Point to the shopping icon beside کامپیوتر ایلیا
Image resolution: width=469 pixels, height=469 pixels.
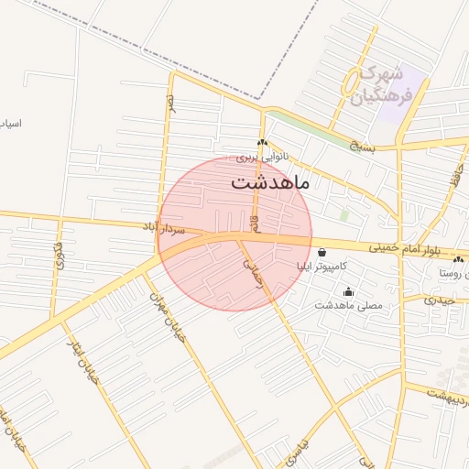point(322,253)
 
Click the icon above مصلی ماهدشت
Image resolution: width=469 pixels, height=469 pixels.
point(348,292)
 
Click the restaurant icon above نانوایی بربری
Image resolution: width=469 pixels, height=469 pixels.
point(263,142)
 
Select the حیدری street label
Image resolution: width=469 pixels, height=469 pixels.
point(440,299)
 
